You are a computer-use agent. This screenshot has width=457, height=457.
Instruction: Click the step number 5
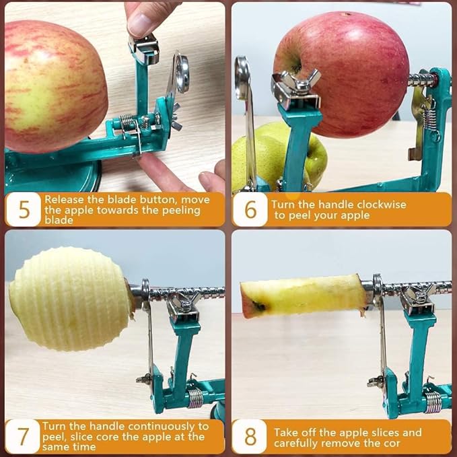(x=24, y=209)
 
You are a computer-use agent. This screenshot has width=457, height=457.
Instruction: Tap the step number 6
(x=250, y=209)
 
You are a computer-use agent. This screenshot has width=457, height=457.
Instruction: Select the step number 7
(x=23, y=436)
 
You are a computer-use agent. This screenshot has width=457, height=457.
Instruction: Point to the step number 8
(x=250, y=436)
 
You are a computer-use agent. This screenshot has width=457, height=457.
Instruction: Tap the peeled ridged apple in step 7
(x=70, y=299)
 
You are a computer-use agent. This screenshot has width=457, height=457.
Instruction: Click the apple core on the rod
(x=303, y=295)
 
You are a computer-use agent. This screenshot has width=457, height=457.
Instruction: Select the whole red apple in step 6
(x=341, y=74)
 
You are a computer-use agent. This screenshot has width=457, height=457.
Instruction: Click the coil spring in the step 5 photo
(x=126, y=123)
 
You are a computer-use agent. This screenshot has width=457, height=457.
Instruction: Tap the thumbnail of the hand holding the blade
(x=141, y=26)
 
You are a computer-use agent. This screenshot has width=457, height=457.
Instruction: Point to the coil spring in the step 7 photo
(x=195, y=398)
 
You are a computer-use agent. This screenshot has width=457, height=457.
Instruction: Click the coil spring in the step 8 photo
(x=433, y=402)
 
